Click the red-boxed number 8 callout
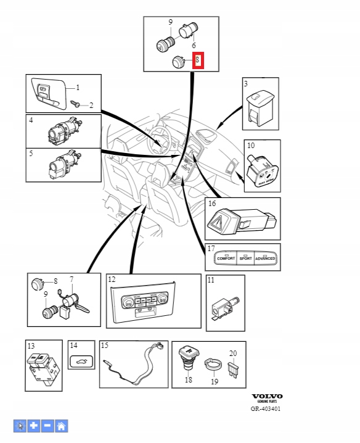pyautogui.click(x=198, y=60)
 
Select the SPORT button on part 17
pyautogui.click(x=245, y=258)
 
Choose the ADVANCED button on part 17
pyautogui.click(x=266, y=258)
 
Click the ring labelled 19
pyautogui.click(x=213, y=365)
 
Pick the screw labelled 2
pyautogui.click(x=76, y=104)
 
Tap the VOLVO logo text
pyautogui.click(x=267, y=396)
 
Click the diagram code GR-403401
pyautogui.click(x=266, y=408)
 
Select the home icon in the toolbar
pyautogui.click(x=62, y=426)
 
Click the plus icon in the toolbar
pyautogui.click(x=34, y=426)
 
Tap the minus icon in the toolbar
pyautogui.click(x=48, y=426)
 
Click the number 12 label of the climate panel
pyautogui.click(x=112, y=280)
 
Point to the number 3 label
pyautogui.click(x=245, y=83)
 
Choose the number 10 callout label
pyautogui.click(x=251, y=146)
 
